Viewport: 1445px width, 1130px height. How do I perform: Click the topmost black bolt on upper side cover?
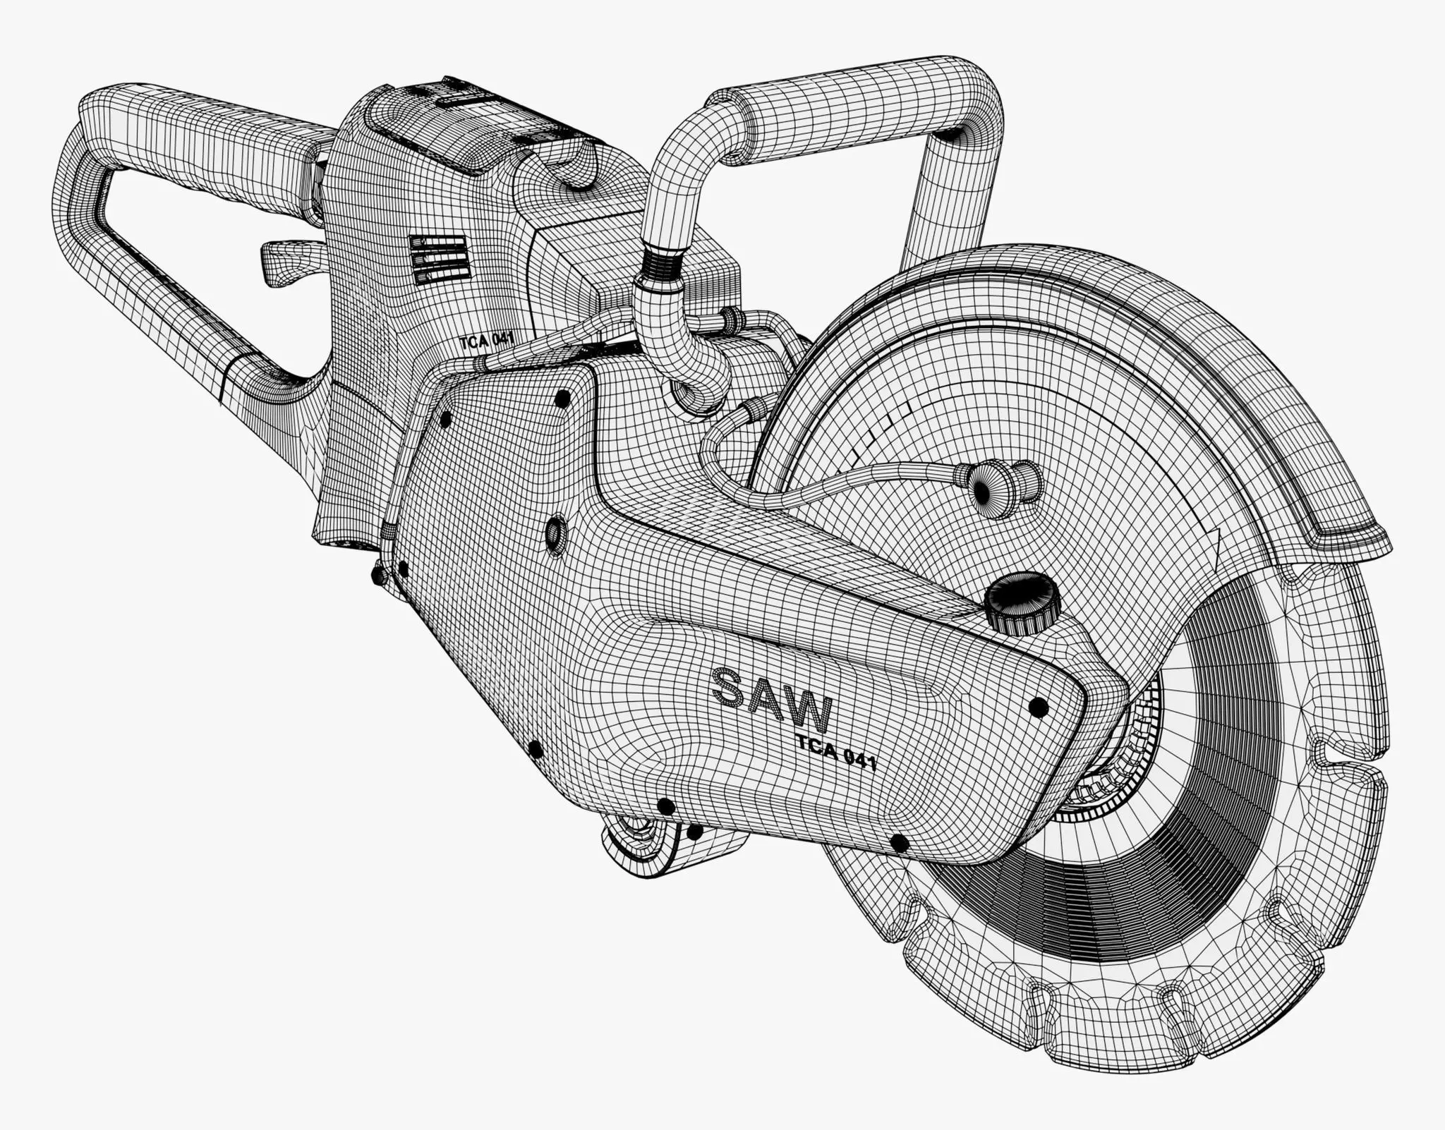click(562, 399)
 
